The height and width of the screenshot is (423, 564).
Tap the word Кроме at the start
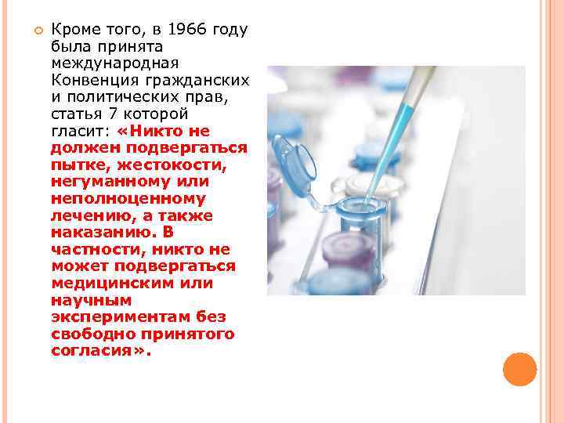74,31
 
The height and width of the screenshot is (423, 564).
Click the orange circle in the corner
519,369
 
